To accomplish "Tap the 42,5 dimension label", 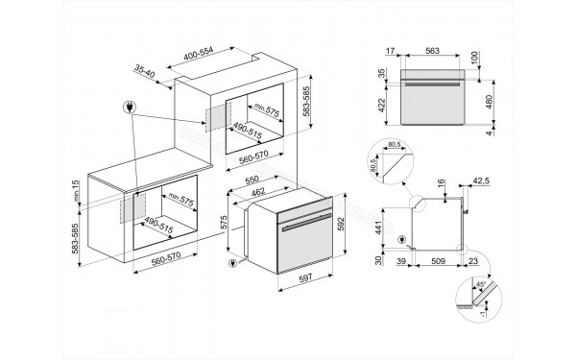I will tap(483, 179).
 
